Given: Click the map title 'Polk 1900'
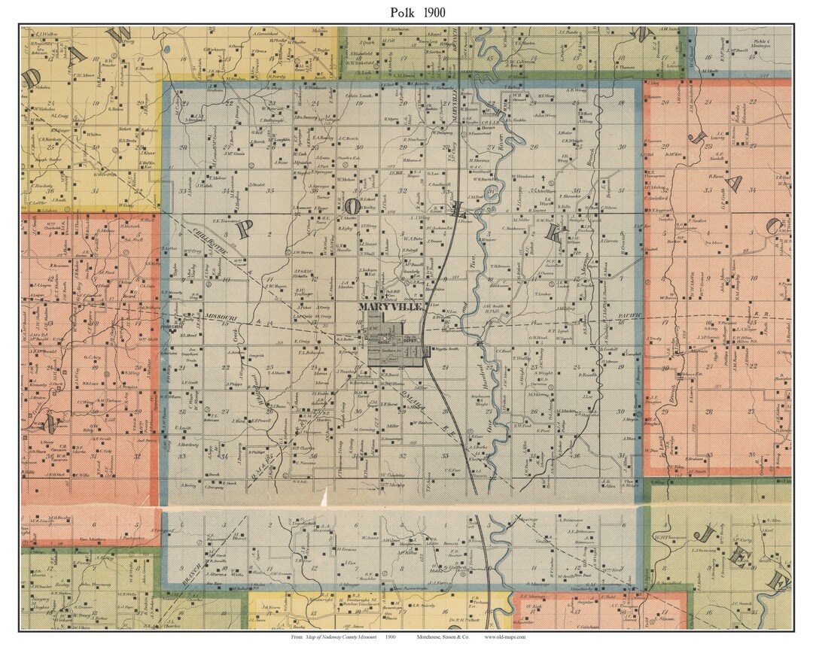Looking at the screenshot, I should point(406,12).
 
